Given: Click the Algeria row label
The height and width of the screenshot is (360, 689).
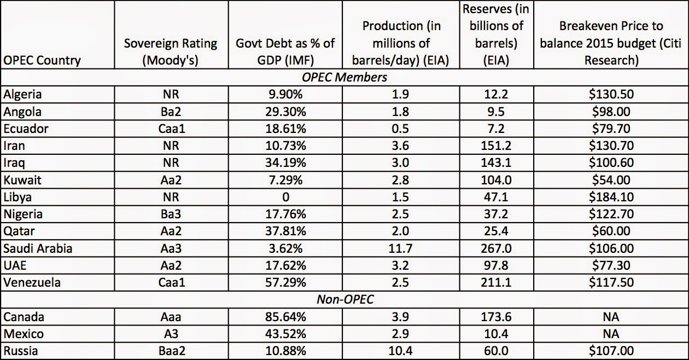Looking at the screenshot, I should pyautogui.click(x=22, y=94).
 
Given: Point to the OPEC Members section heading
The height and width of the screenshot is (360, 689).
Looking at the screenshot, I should pyautogui.click(x=344, y=77).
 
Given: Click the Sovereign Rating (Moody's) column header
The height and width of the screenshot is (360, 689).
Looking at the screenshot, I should pyautogui.click(x=170, y=51).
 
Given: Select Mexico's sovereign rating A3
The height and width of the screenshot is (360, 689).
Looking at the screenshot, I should pyautogui.click(x=170, y=333).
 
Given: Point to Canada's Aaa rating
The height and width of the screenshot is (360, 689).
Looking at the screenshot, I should pyautogui.click(x=170, y=317).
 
